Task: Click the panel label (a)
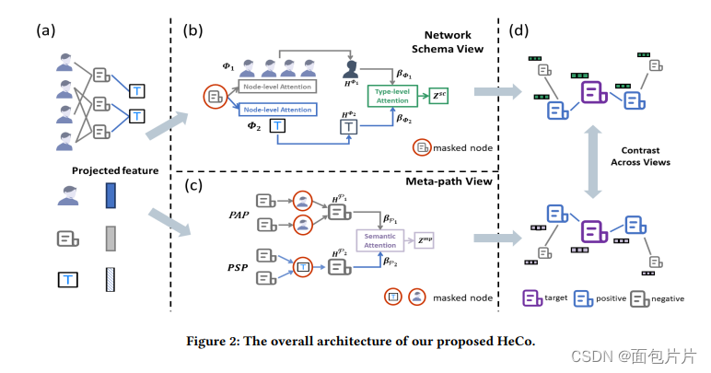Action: [x=46, y=29]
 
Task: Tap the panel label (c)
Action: [x=194, y=187]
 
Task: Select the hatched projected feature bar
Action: [x=111, y=281]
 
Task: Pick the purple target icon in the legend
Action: [x=531, y=297]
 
